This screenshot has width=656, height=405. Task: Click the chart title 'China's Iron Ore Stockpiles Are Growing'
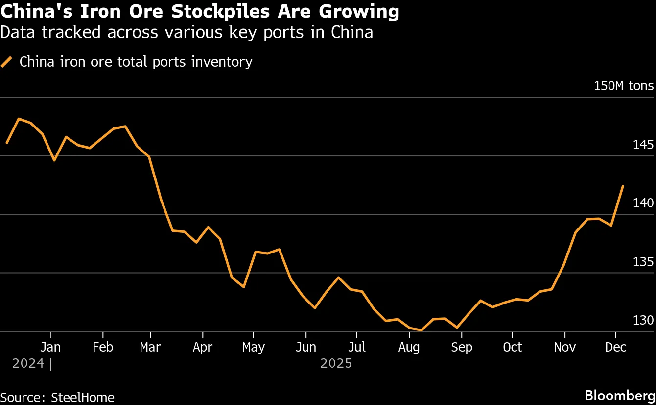200,12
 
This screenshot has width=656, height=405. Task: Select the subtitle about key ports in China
187,32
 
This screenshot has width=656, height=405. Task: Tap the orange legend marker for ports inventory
7,62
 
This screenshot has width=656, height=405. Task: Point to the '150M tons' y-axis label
623,86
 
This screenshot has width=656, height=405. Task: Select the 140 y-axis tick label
643,203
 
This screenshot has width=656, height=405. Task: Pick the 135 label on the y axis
643,261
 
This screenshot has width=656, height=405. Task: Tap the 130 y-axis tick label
643,320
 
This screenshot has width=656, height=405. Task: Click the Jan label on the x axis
50,347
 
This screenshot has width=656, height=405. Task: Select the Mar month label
150,347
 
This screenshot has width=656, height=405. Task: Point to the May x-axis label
254,347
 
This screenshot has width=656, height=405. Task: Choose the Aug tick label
409,347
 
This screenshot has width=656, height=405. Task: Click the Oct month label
513,347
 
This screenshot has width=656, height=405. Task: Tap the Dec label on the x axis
616,347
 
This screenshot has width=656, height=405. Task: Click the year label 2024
28,364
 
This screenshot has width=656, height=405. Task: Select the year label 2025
336,364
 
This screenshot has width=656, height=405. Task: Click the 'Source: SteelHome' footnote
57,397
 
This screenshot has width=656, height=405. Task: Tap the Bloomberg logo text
620,395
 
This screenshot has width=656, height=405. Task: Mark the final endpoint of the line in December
623,186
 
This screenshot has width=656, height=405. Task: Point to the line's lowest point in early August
421,330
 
